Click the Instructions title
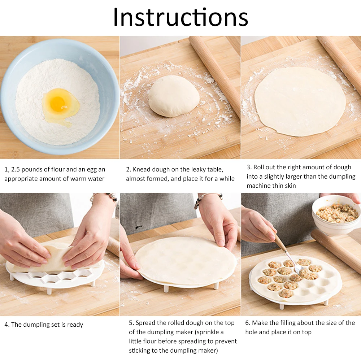(180, 17)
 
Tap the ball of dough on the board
(174, 96)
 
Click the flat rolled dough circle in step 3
(300, 101)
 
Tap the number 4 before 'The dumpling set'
(6, 325)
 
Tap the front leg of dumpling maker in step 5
(166, 289)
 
